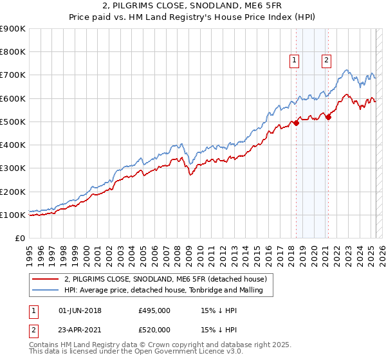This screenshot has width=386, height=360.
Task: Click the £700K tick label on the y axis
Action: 13,75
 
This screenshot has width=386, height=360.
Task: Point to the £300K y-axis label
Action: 13,168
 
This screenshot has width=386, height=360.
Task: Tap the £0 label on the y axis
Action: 19,239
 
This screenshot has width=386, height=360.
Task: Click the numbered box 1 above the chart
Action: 294,60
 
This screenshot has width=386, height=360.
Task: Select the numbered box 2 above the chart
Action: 327,60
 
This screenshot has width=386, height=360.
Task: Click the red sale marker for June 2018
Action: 297,123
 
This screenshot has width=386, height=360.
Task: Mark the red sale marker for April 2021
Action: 329,117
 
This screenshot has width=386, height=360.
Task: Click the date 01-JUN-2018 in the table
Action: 80,311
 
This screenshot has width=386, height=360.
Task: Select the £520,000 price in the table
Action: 154,330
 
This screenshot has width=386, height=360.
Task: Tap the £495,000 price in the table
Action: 154,311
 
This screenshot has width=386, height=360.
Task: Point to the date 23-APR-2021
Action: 80,330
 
